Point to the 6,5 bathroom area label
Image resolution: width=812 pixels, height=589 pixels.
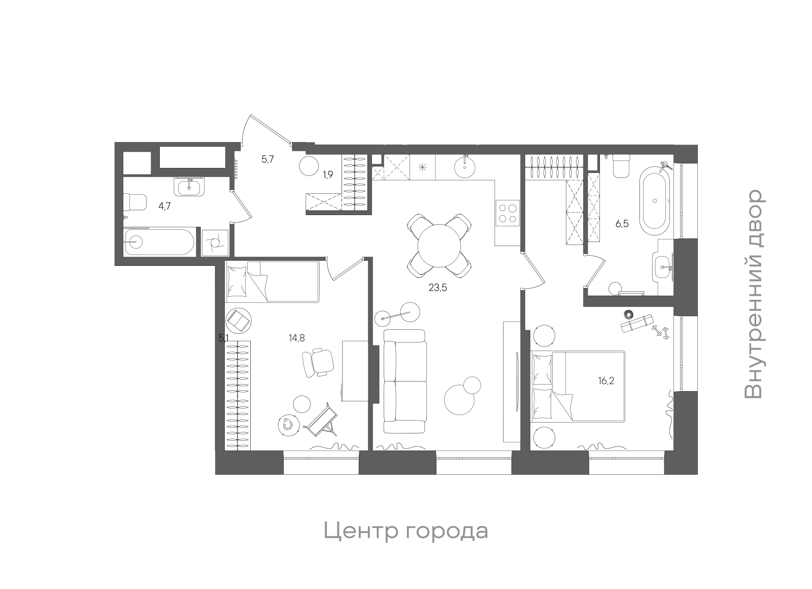[622, 223]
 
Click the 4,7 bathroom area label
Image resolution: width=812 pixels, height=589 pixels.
[165, 206]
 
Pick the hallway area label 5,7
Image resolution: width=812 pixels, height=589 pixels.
[267, 159]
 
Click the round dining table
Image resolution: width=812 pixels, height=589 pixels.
[439, 246]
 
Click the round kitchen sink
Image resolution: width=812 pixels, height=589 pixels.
[465, 166]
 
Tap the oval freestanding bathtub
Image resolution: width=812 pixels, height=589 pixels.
[655, 201]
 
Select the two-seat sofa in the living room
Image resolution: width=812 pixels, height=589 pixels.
[404, 381]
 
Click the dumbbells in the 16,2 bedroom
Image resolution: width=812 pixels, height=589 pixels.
[661, 333]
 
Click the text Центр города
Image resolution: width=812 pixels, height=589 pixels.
[406, 531]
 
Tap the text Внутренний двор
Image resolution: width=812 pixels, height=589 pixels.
[753, 294]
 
